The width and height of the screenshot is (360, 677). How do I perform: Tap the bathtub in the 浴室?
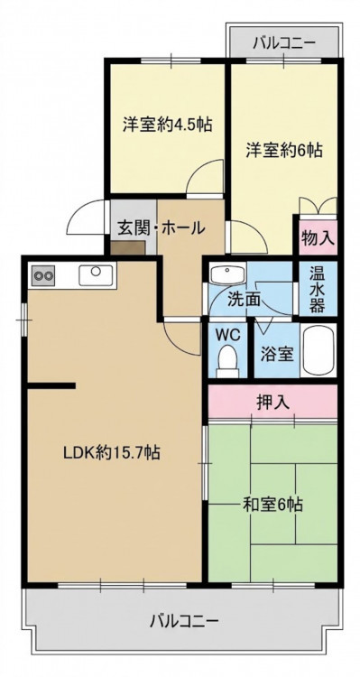coord(318,350)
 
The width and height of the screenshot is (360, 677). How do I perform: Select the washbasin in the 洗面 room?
coord(227,274)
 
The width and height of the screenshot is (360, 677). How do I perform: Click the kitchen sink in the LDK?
coord(96,274)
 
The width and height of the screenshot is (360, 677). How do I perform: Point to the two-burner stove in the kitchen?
coord(42,275)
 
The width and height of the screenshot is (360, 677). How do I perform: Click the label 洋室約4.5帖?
coord(167,125)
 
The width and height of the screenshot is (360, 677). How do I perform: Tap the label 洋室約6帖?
coord(284,150)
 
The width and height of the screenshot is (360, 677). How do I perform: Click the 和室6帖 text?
coord(272,504)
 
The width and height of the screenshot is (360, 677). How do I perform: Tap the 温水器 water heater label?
coord(317,288)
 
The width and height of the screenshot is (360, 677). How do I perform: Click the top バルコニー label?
coord(284,42)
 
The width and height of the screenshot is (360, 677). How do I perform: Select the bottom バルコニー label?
coord(184,622)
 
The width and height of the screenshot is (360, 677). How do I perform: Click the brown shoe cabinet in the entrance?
coord(127,248)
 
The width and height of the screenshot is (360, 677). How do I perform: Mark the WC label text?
coord(226,335)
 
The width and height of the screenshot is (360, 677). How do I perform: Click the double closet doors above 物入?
coord(318,206)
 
